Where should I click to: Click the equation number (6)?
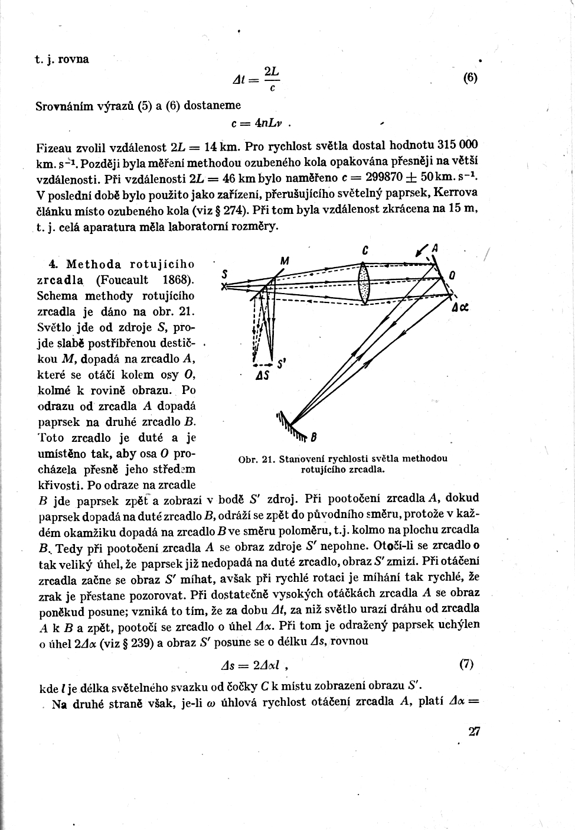pos(470,78)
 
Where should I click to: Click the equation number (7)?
pos(466,664)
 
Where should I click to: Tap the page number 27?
pos(474,732)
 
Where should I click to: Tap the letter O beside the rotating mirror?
pos(452,275)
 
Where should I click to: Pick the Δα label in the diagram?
pos(460,308)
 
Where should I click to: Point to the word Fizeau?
pos(55,146)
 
